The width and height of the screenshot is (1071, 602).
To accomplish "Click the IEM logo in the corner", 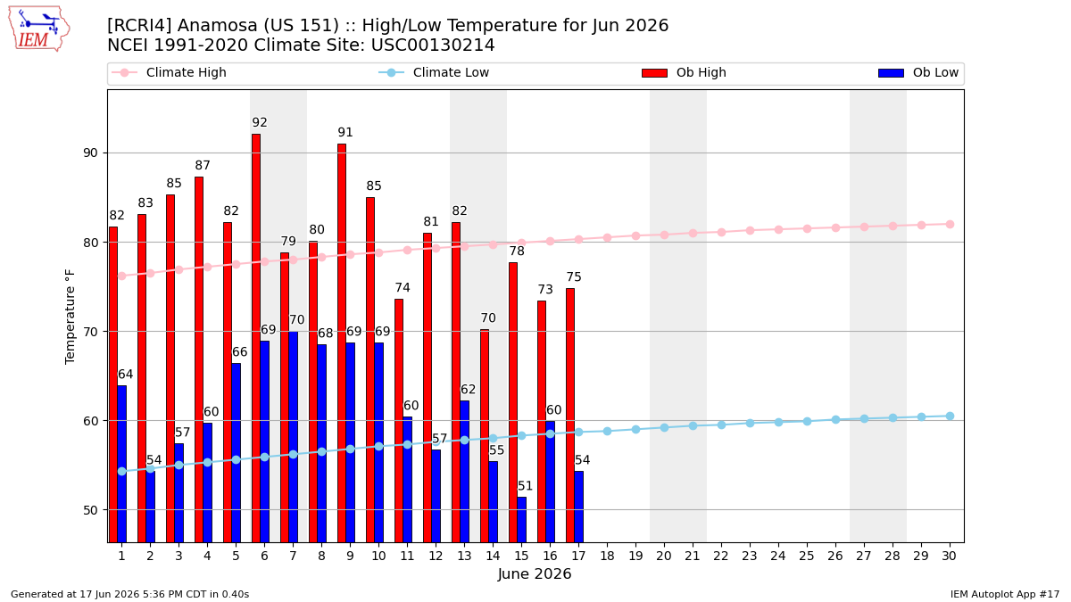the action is pyautogui.click(x=39, y=29).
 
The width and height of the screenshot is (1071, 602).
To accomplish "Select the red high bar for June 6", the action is pyautogui.click(x=256, y=338).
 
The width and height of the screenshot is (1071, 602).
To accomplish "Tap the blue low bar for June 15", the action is pyautogui.click(x=521, y=520).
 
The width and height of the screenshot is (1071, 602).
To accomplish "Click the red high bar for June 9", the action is pyautogui.click(x=342, y=343).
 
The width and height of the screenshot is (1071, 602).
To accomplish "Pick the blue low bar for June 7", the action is pyautogui.click(x=293, y=437).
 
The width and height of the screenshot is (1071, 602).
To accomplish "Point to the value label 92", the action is pyautogui.click(x=260, y=123).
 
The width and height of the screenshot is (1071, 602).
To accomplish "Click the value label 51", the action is pyautogui.click(x=525, y=486).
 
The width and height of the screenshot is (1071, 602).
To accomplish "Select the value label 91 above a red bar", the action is pyautogui.click(x=345, y=132).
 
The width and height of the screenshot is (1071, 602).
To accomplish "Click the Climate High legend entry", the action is pyautogui.click(x=169, y=72).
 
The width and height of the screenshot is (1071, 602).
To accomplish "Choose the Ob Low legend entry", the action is pyautogui.click(x=918, y=72).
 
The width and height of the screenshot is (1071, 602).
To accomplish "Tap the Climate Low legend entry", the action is pyautogui.click(x=434, y=72).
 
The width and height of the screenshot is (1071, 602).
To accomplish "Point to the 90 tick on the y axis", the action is pyautogui.click(x=90, y=153).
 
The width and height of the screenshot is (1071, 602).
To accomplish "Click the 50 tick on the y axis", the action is pyautogui.click(x=90, y=510).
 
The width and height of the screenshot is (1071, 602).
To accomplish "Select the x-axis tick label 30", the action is pyautogui.click(x=949, y=556).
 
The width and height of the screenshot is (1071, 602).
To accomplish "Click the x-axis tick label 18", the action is pyautogui.click(x=607, y=556).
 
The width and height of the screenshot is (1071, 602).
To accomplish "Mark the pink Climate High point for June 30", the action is pyautogui.click(x=950, y=225).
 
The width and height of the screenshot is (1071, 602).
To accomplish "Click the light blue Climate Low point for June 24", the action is pyautogui.click(x=778, y=423).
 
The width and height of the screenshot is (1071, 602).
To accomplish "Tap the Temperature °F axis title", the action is pyautogui.click(x=70, y=317).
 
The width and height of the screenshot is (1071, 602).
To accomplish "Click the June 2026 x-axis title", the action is pyautogui.click(x=535, y=573).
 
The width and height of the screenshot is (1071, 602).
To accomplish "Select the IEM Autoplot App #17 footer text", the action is pyautogui.click(x=1005, y=594).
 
